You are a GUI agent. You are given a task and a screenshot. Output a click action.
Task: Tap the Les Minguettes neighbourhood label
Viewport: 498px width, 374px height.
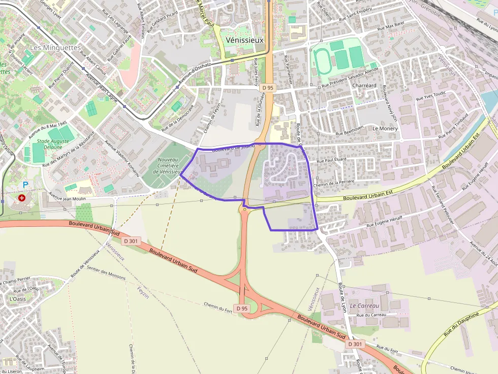click(55, 47)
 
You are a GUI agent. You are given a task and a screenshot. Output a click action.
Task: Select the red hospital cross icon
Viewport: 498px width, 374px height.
click(22, 197)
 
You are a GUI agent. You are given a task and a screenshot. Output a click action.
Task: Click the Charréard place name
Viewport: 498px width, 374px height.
click(364, 85)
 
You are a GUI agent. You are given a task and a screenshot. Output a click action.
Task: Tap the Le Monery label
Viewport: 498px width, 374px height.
click(385, 128)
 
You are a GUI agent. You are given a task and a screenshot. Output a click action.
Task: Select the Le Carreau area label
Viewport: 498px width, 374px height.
click(364, 306)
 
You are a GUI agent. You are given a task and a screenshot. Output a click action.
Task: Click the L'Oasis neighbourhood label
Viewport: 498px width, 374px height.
click(17, 299)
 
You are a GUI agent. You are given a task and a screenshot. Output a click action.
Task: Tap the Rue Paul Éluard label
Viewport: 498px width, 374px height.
click(331, 160)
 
